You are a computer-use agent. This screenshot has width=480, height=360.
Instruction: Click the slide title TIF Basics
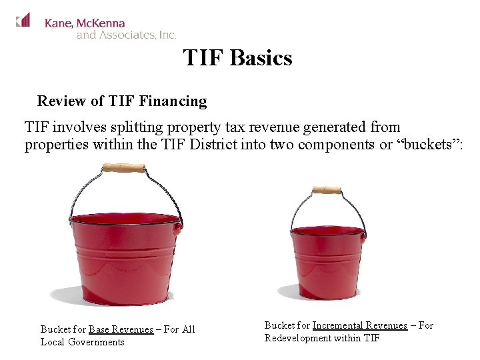click(237, 58)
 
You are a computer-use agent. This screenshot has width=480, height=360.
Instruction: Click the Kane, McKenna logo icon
click(23, 20)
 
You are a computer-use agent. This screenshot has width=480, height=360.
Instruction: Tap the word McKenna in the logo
click(100, 23)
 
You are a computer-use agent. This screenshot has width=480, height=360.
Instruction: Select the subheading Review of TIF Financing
click(122, 101)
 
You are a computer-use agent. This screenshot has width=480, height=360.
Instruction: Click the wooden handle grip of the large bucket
click(124, 169)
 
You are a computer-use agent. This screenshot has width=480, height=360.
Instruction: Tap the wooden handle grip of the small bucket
click(327, 191)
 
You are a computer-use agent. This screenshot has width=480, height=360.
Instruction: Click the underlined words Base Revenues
click(121, 329)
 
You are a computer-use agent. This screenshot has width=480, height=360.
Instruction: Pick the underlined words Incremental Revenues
click(359, 325)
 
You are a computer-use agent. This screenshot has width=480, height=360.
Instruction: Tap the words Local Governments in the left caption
click(83, 342)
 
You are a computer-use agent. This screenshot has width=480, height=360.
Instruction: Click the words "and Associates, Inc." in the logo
click(126, 35)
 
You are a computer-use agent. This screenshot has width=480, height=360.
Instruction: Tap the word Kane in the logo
click(58, 23)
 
